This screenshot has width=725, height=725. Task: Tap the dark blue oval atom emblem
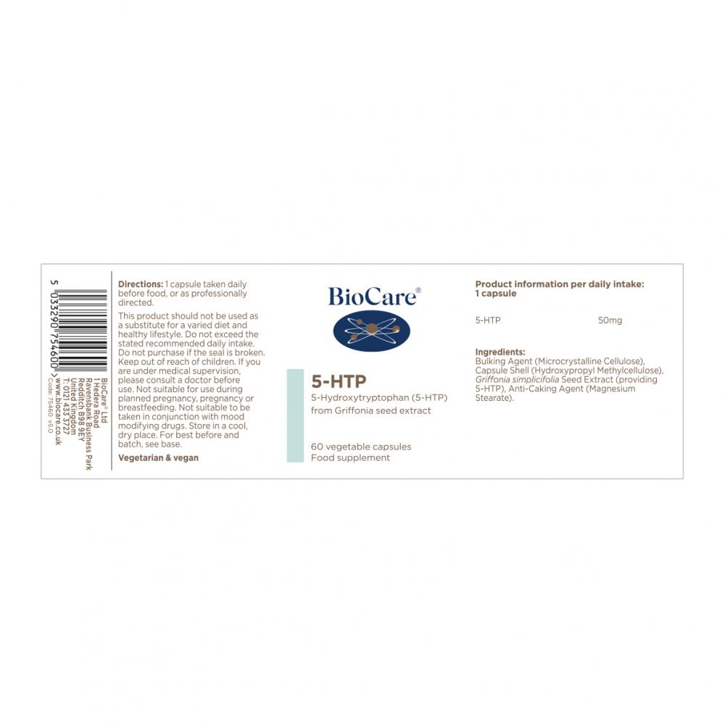[x=372, y=330]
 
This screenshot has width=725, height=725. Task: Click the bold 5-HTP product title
[x=339, y=381]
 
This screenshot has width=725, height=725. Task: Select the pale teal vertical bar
[x=295, y=415]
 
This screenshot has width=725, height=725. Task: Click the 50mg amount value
[x=610, y=320]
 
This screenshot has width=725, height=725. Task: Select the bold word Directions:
[x=141, y=284]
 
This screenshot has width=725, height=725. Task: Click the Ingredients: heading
[x=500, y=352]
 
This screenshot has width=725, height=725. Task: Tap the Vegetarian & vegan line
[x=158, y=457]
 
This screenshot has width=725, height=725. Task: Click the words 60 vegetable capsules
[x=361, y=447]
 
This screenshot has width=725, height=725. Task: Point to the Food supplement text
[x=350, y=457]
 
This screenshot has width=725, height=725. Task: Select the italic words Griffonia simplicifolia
[x=517, y=380]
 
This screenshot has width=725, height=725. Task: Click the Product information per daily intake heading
[x=560, y=289]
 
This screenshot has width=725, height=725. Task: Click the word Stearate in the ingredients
[x=493, y=397]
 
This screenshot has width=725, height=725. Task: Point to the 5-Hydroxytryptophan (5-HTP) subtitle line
[x=379, y=397]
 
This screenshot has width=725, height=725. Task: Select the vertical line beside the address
[x=112, y=370]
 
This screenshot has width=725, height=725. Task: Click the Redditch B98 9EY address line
[x=81, y=410]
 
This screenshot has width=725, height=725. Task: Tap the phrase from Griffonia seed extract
[x=370, y=410]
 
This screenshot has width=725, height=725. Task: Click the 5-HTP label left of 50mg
[x=488, y=320]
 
